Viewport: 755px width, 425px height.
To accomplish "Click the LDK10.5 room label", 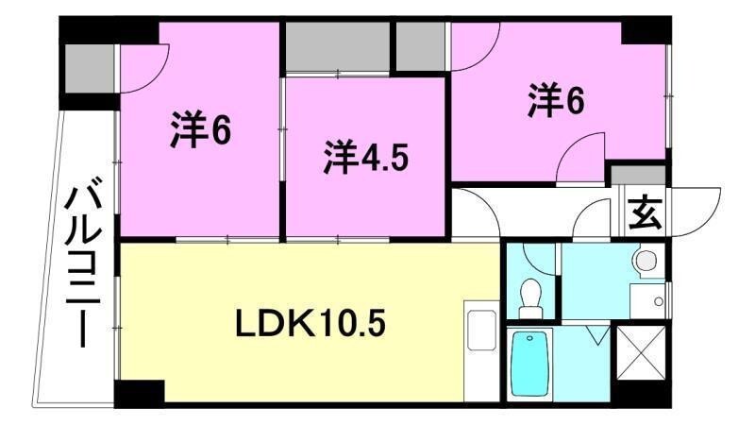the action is pyautogui.click(x=310, y=325).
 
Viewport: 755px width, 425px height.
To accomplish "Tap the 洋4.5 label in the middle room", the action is pyautogui.click(x=365, y=157).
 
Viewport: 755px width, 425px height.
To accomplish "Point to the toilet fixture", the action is pyautogui.click(x=530, y=298).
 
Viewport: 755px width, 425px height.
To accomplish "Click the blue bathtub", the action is pyautogui.click(x=529, y=364).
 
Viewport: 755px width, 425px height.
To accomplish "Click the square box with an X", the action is pyautogui.click(x=641, y=352).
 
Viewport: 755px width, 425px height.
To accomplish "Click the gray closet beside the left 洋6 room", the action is pyautogui.click(x=89, y=68).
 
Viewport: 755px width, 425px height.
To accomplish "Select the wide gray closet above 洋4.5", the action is pyautogui.click(x=338, y=47).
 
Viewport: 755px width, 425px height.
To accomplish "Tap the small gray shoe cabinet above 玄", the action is pyautogui.click(x=639, y=175).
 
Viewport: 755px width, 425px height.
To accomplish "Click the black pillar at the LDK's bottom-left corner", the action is pyautogui.click(x=139, y=392).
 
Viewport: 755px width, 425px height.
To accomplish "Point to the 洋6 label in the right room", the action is pyautogui.click(x=556, y=101).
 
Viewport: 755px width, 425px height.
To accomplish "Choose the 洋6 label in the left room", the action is pyautogui.click(x=200, y=129).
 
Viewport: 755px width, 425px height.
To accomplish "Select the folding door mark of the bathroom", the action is pyautogui.click(x=599, y=335).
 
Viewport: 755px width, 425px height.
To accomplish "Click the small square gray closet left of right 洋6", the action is pyautogui.click(x=421, y=46).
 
